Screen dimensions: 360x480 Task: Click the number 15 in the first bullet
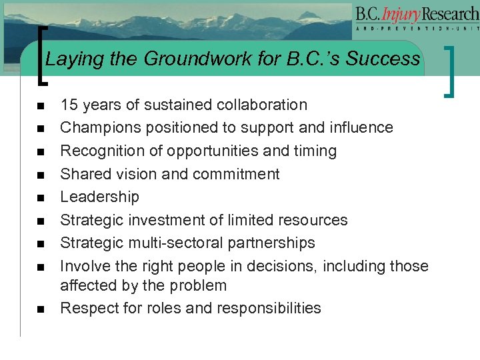coord(69,105)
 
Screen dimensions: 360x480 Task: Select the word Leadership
coord(100,197)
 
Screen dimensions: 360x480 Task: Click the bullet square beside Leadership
coord(41,198)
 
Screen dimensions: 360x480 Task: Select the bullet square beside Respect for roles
coord(41,309)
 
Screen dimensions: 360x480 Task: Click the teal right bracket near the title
coord(453,70)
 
